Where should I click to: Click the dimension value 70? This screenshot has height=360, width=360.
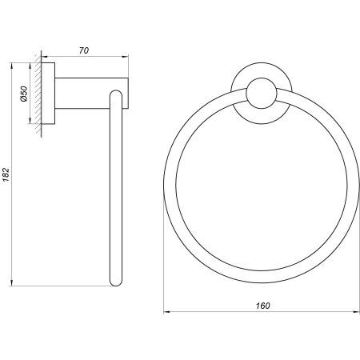pos(84,50)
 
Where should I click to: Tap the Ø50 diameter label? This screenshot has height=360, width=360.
pos(24,94)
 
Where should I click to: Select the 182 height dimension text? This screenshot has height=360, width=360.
pos(6,175)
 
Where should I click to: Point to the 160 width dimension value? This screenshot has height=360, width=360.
pos(263,306)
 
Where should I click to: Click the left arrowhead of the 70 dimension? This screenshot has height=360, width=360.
pos(45,57)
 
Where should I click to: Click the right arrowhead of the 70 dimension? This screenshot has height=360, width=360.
pos(126,57)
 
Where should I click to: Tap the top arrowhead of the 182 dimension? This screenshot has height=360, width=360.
pos(11,66)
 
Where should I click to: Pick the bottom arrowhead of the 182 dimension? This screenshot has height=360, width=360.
pos(11,283)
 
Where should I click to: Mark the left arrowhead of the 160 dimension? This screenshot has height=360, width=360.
pos(167,311)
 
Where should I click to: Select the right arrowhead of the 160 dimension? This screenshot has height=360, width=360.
pos(357,311)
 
